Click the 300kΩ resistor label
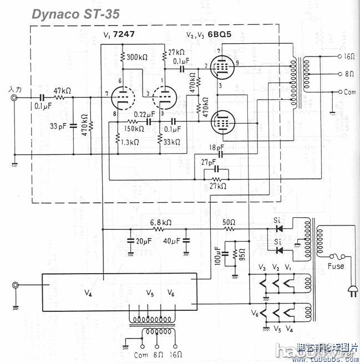coord(138,57)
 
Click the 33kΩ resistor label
coord(173,142)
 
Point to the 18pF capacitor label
coord(217,148)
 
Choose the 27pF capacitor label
coord(209,161)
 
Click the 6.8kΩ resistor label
coord(161,222)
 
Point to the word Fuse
coord(336,266)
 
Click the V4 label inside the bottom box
coord(88,294)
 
